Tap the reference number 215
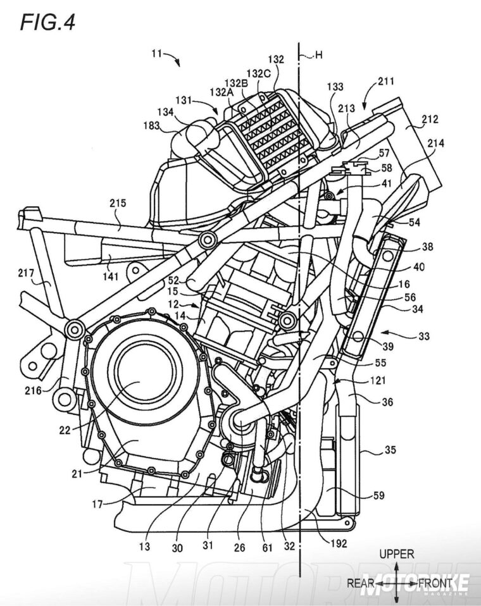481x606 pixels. (118, 204)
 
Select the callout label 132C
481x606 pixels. (258, 73)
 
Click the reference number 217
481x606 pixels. (26, 274)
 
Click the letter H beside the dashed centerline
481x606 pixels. (319, 55)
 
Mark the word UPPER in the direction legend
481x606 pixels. (397, 554)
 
